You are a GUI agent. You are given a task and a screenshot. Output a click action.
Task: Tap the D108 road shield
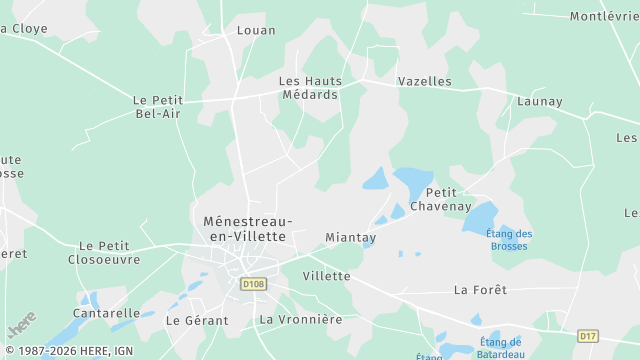pos(254,284)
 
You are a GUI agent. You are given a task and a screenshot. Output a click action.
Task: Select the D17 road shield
pos(588,335)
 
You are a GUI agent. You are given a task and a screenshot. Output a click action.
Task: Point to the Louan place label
pos(256,30)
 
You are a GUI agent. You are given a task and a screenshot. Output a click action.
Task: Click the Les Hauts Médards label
pos(309,88)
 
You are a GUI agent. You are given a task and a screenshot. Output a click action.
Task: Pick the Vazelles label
pos(424,81)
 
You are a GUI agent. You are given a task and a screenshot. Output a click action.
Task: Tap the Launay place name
pos(540,101)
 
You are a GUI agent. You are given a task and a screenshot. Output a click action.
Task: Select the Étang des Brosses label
pos(510,240)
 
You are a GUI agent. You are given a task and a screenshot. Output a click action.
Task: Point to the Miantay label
pos(351,238)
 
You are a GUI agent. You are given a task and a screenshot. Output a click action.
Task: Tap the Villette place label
pos(326,275)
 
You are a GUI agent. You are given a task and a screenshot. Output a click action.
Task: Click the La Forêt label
pos(480,290)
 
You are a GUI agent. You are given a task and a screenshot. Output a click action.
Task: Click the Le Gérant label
pos(197,321)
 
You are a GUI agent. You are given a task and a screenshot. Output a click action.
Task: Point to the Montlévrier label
pos(604,16)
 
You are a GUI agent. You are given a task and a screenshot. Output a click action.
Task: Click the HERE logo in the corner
pos(21,324)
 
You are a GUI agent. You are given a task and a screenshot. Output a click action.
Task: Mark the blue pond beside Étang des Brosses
pos(481,217)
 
